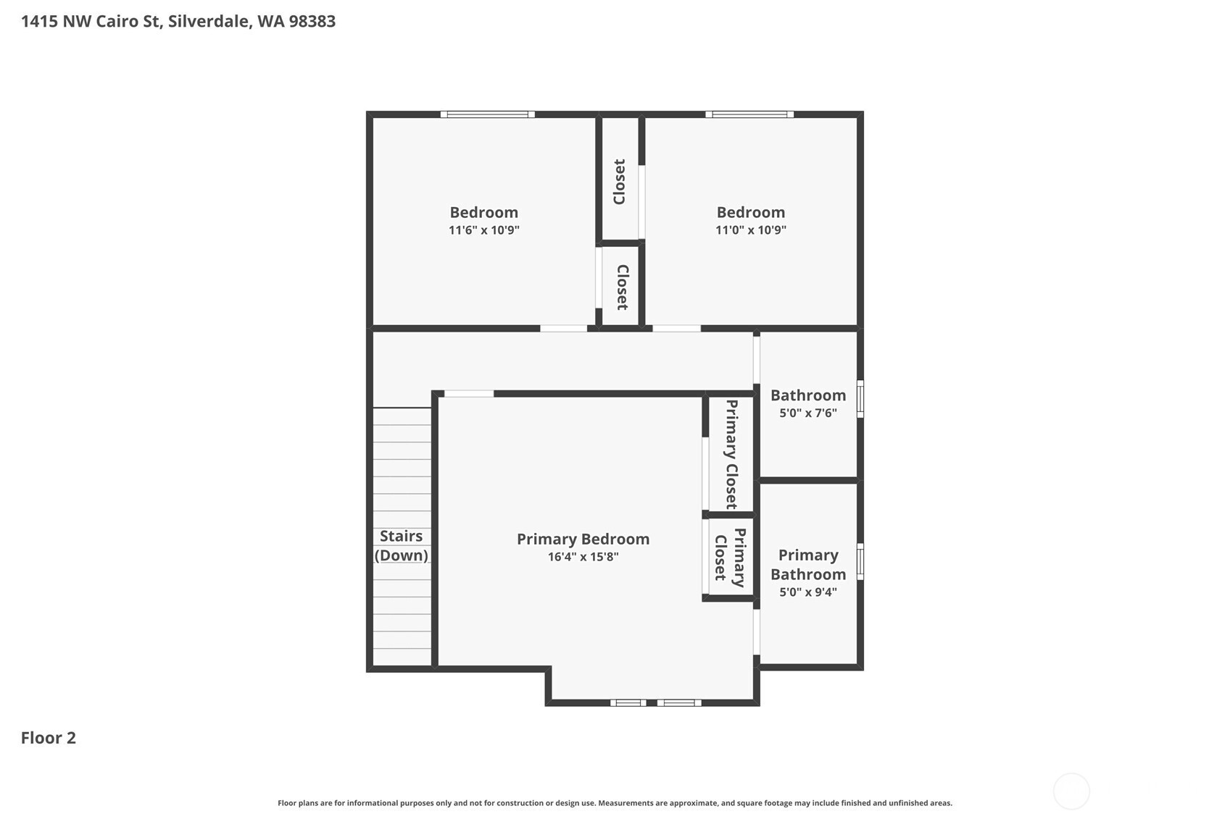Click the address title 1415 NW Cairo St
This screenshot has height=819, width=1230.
[x=178, y=22]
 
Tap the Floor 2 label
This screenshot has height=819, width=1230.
[x=49, y=738]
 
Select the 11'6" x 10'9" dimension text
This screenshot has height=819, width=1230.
[x=483, y=230]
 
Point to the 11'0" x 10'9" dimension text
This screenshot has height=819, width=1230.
[x=751, y=230]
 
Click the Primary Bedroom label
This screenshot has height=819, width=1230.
[x=583, y=539]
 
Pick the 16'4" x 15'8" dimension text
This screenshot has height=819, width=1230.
[x=583, y=557]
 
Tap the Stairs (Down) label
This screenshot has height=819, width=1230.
[x=402, y=546]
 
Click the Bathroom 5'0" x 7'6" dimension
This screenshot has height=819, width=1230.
[x=808, y=413]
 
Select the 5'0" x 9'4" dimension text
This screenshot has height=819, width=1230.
[x=808, y=592]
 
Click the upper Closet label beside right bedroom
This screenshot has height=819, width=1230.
[x=620, y=182]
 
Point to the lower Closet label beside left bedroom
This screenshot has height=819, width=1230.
[x=622, y=287]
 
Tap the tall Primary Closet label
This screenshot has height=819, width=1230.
[x=731, y=454]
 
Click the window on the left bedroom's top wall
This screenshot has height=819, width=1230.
[x=488, y=114]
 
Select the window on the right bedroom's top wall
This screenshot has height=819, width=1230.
[x=749, y=114]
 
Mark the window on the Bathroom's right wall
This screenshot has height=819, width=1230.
[x=860, y=399]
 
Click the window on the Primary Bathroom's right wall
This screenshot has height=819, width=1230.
[x=860, y=561]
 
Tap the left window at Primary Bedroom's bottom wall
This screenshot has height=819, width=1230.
[x=628, y=702]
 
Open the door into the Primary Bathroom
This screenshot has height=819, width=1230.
[x=757, y=632]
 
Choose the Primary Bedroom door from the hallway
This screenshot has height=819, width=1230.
[x=469, y=394]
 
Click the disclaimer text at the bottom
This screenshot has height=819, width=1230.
[x=615, y=803]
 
